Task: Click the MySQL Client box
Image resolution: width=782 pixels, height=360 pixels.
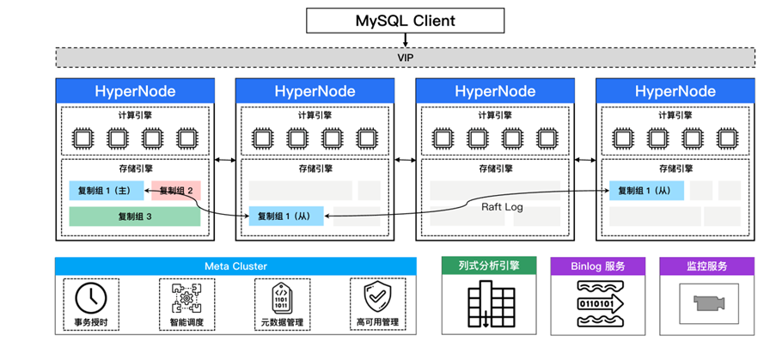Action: [405, 21]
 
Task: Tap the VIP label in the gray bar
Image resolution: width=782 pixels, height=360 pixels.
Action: [405, 58]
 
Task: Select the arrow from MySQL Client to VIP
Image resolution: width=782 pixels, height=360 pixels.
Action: [405, 40]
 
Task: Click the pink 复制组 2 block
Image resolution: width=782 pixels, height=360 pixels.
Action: [176, 190]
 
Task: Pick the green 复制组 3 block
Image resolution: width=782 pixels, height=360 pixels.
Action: [135, 217]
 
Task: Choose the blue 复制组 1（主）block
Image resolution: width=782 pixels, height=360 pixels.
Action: [107, 190]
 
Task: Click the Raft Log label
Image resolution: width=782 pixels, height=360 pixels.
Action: [502, 206]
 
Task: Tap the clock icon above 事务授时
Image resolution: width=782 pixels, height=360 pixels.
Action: [91, 297]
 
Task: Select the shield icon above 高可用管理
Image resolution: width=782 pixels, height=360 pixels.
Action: [377, 297]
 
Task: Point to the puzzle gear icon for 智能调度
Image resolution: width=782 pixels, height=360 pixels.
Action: [186, 297]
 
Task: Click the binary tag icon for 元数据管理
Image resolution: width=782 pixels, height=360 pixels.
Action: [282, 297]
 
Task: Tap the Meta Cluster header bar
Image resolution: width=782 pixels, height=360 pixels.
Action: [235, 265]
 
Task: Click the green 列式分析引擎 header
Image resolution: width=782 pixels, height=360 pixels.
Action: [489, 265]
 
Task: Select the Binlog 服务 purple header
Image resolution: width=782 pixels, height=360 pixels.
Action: [598, 265]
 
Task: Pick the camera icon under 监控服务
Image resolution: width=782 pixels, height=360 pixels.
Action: [709, 302]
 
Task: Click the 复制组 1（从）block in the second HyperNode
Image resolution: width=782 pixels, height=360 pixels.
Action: [286, 216]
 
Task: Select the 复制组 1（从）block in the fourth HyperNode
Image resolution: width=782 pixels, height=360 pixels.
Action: [647, 190]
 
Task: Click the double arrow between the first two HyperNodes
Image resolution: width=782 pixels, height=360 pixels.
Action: [225, 160]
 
